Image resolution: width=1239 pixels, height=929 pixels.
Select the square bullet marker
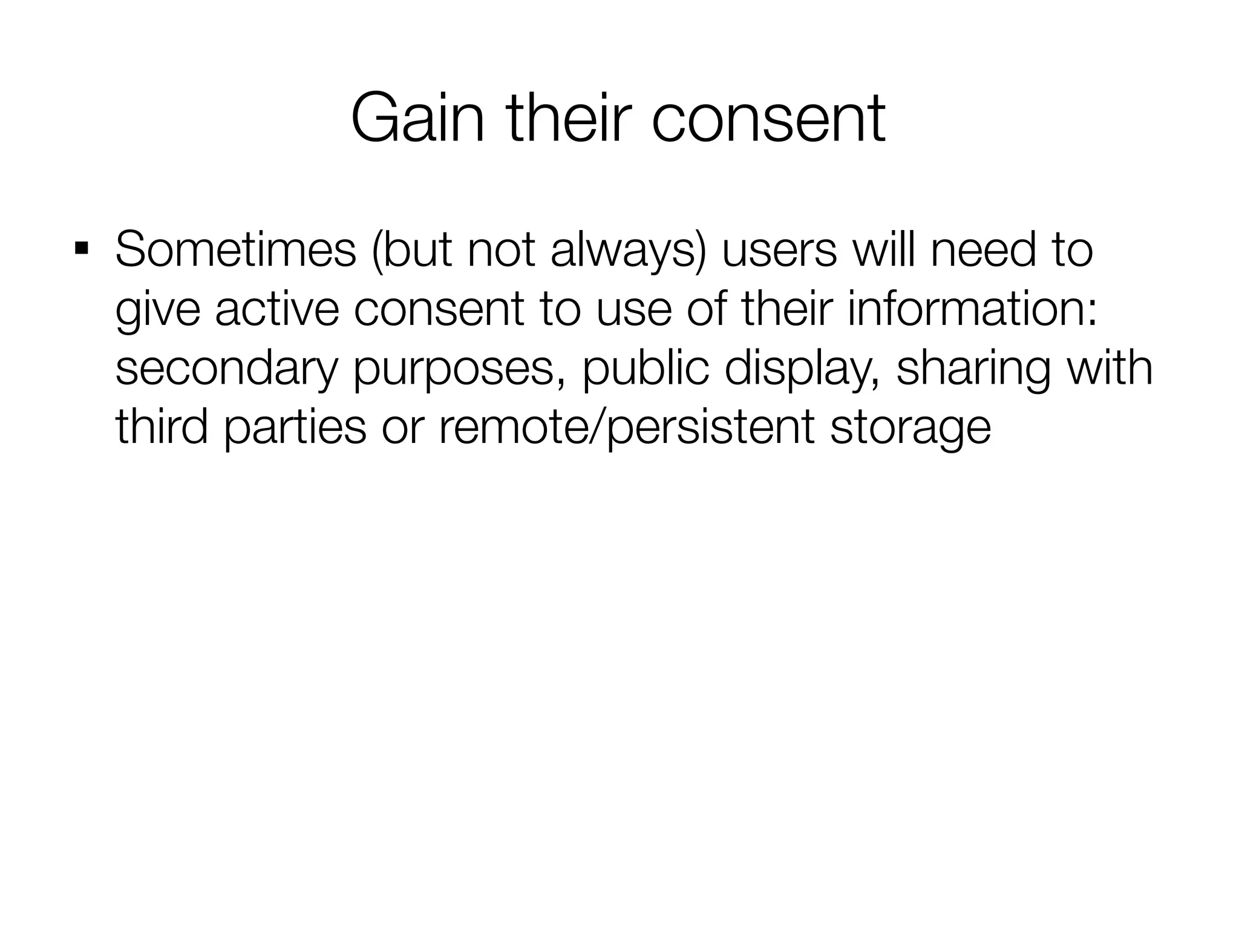point(80,249)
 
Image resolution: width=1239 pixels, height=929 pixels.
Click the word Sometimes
point(235,250)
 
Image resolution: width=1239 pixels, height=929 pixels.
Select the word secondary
point(226,369)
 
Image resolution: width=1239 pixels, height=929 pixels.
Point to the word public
point(645,369)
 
